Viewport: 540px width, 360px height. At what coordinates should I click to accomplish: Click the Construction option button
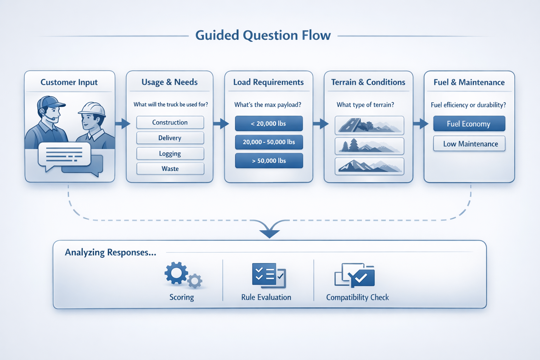click(170, 122)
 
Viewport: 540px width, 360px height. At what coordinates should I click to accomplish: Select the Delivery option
click(170, 138)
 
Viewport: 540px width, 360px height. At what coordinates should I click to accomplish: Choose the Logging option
click(170, 154)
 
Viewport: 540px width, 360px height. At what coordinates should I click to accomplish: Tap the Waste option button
click(170, 169)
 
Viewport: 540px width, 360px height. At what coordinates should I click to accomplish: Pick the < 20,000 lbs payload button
click(269, 123)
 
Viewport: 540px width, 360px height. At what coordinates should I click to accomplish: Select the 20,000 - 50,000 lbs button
click(269, 142)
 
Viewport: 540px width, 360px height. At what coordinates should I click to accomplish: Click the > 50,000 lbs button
click(269, 161)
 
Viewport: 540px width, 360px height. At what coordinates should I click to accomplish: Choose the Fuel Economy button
click(469, 124)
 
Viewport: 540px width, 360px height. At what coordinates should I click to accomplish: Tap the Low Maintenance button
click(469, 144)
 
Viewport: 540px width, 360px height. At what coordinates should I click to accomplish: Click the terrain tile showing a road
click(369, 125)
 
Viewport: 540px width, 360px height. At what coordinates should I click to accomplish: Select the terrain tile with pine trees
click(369, 146)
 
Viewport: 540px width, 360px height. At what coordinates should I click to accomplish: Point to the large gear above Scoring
click(176, 273)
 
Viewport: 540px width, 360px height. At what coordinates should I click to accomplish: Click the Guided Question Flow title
click(263, 36)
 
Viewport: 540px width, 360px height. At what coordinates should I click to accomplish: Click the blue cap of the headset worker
click(51, 102)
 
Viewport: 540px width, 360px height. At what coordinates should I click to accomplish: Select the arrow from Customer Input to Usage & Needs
click(122, 123)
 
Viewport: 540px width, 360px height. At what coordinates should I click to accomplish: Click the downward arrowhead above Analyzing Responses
click(270, 233)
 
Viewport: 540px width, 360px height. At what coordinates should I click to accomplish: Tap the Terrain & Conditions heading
click(368, 82)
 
